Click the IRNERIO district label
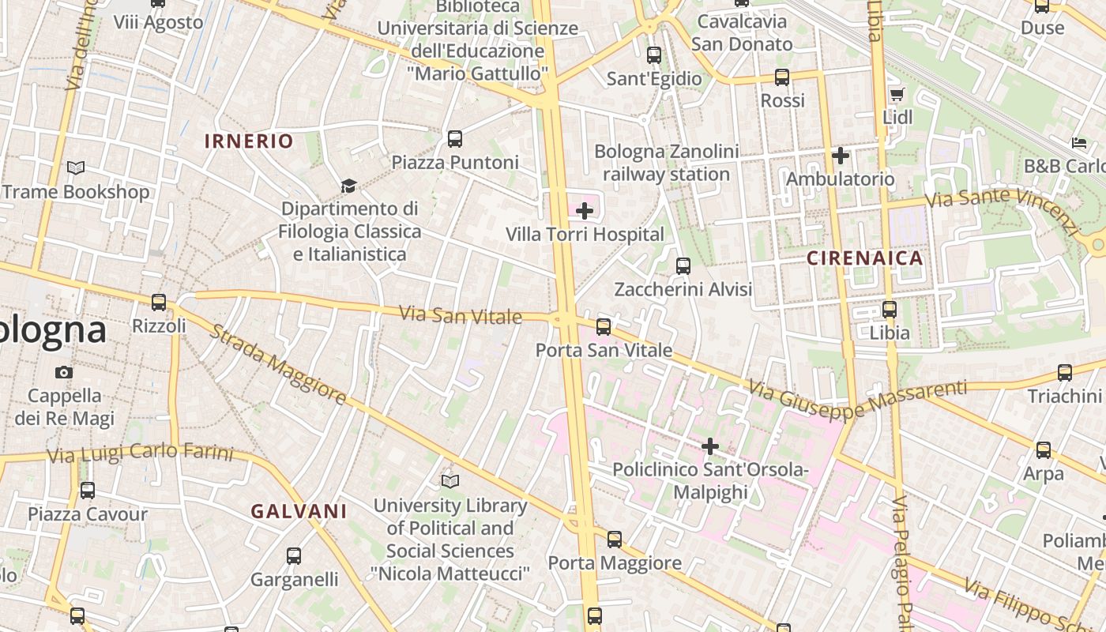(x=249, y=141)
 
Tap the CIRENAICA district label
(x=865, y=258)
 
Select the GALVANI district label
(x=299, y=511)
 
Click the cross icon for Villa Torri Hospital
(x=585, y=211)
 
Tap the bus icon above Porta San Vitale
(x=604, y=326)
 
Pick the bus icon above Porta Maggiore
(x=614, y=540)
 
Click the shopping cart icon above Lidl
(x=897, y=95)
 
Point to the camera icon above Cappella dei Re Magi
(x=64, y=372)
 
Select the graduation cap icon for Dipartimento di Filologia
(x=348, y=186)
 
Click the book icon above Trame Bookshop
(x=76, y=167)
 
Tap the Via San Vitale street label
(x=461, y=315)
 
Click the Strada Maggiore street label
(x=277, y=364)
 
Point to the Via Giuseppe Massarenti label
(x=857, y=400)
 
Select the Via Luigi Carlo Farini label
(x=141, y=453)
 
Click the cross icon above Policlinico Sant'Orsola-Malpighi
(x=710, y=446)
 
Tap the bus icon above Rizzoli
(x=159, y=302)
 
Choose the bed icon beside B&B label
(x=1079, y=143)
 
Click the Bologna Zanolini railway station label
(x=667, y=163)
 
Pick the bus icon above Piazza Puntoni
(x=455, y=139)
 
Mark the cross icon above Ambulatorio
(x=841, y=156)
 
